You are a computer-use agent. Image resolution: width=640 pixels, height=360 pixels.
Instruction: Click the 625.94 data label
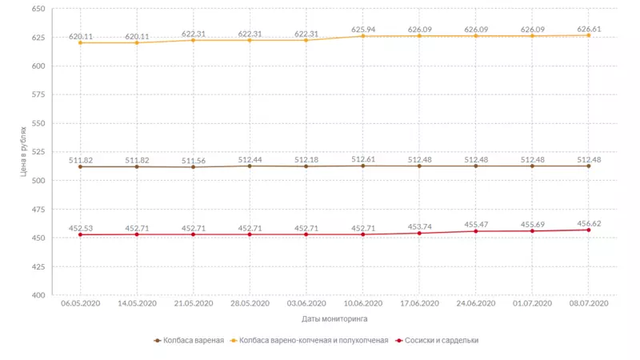point(363,30)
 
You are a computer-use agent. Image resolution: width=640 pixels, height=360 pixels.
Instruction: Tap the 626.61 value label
point(589,29)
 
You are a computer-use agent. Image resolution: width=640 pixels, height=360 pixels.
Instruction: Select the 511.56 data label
point(194,161)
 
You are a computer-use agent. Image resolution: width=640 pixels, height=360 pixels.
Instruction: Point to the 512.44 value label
point(250,160)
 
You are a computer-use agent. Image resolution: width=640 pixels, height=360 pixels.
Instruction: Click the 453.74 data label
point(419,227)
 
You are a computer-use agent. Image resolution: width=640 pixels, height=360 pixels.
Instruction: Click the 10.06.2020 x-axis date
point(363,304)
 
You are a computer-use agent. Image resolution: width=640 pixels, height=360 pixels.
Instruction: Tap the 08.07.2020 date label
point(589,304)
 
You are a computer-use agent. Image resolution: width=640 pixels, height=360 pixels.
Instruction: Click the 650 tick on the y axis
point(38,9)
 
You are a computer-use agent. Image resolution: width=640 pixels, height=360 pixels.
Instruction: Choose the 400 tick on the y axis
point(38,295)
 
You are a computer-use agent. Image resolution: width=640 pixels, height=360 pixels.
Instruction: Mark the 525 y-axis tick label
point(38,152)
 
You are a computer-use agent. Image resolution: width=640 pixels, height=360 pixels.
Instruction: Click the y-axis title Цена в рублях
point(24,152)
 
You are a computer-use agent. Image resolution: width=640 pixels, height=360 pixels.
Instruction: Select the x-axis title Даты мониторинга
point(335,318)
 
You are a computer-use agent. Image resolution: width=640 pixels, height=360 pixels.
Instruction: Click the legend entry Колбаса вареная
point(190,340)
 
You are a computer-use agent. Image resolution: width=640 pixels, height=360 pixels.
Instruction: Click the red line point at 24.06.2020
point(476,231)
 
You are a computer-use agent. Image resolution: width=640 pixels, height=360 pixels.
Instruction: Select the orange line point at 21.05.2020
point(194,40)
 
